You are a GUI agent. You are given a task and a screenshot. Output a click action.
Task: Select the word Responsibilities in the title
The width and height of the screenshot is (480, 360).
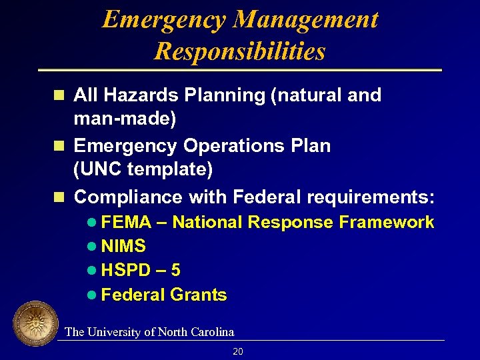(x=240, y=51)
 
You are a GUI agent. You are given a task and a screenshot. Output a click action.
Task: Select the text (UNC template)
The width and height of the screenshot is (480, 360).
(x=143, y=170)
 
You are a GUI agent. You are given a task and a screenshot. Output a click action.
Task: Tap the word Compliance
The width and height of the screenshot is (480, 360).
(x=129, y=197)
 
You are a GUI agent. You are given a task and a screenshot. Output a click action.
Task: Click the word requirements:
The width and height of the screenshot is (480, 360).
(x=371, y=197)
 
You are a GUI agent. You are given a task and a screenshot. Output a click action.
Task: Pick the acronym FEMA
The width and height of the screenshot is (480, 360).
(x=127, y=222)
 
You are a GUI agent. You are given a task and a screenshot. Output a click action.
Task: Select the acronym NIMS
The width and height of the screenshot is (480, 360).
(x=124, y=247)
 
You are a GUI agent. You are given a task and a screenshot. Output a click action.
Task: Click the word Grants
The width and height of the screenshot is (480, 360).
(x=199, y=295)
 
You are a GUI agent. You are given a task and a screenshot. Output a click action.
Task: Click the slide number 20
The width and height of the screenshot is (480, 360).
(x=238, y=351)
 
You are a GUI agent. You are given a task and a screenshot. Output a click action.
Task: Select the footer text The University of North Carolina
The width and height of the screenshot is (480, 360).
(x=149, y=331)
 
